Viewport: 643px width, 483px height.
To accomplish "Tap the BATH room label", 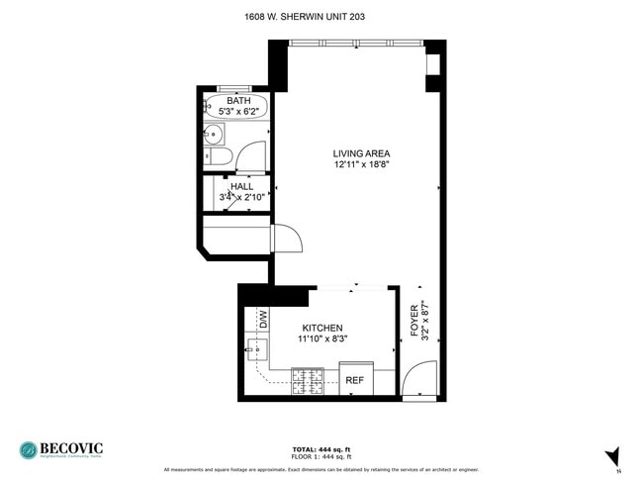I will click(238, 101).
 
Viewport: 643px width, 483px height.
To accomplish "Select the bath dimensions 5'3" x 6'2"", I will click(238, 112).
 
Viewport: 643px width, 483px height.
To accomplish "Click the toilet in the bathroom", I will click(221, 156).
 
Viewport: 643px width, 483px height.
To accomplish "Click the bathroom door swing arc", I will click(253, 154).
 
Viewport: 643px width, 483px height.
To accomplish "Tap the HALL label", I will click(241, 186).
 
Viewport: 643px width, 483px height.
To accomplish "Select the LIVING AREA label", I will click(361, 153).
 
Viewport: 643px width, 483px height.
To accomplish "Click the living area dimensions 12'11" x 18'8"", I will click(361, 165).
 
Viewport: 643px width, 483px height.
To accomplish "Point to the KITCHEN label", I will click(322, 328).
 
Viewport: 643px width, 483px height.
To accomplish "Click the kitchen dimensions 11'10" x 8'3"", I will click(322, 339).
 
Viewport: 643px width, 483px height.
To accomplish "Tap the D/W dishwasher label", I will click(263, 320).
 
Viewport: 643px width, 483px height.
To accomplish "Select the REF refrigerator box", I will click(355, 379).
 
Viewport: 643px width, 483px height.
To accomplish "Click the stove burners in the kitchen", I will click(307, 379).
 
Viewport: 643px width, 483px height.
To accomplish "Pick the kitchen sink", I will click(257, 348).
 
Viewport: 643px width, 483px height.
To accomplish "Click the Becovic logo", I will click(61, 450).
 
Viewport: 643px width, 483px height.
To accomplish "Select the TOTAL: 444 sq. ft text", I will click(321, 448).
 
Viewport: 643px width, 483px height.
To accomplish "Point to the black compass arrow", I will click(613, 456).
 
